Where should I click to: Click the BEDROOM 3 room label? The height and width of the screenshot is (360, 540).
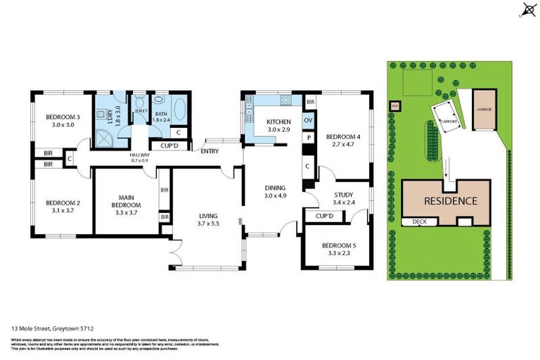pos(63,117)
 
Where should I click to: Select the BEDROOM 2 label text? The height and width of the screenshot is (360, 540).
pos(63,203)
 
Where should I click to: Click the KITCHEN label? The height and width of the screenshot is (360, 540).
pos(278,122)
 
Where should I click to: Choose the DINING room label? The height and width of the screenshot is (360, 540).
pos(275,188)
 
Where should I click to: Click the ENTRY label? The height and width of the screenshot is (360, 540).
pos(209,151)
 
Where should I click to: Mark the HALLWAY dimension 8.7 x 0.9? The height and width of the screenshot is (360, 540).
pos(139,160)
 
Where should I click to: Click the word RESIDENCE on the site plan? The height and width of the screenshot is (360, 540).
pos(450,200)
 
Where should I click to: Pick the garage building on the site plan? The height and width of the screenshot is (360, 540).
pos(484,110)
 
